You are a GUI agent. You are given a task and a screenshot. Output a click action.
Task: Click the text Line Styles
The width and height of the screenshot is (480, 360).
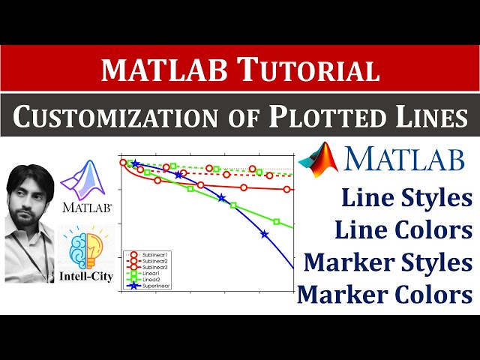coord(406,199)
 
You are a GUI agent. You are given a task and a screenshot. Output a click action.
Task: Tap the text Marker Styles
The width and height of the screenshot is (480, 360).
coord(388,262)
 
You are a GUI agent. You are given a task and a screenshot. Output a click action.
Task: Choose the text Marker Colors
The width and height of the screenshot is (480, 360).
coord(385,295)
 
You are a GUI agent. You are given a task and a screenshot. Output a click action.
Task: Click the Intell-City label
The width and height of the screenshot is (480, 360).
coord(85,276)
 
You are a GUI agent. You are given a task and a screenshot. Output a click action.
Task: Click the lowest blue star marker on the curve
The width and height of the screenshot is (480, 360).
coord(264,234)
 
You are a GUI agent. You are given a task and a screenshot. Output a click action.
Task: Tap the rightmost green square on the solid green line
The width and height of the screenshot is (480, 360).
coord(277,222)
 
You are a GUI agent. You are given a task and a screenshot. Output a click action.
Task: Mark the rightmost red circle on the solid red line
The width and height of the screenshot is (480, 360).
coord(287,189)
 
